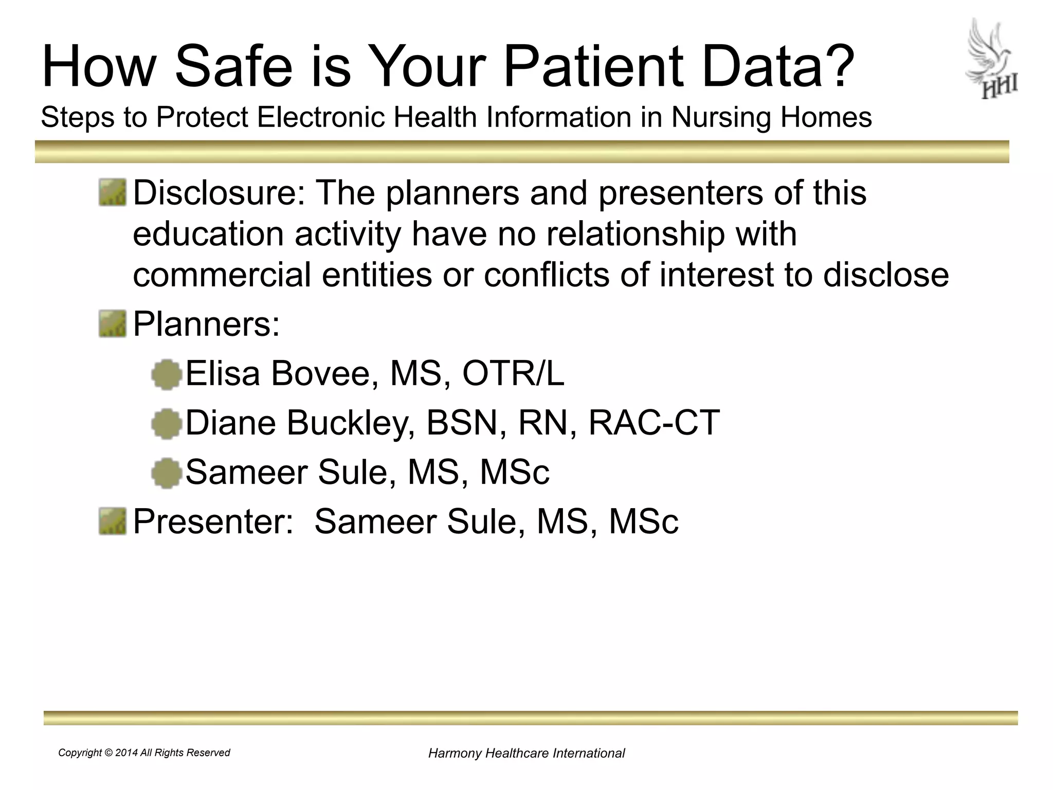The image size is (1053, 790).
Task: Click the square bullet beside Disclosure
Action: pos(112,192)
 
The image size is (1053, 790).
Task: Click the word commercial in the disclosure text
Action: pos(222,275)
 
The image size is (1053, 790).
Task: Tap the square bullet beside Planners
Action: pos(112,324)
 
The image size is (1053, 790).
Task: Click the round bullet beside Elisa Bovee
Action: pos(167,374)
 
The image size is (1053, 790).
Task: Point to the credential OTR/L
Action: pos(513,373)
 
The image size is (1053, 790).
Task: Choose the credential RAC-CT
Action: pos(654,422)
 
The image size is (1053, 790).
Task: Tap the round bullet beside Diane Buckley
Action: pos(167,423)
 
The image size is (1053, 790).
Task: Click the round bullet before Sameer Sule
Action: pos(167,473)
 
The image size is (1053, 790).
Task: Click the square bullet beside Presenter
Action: pos(112,521)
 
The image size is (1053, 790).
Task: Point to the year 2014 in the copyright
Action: pos(126,753)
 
